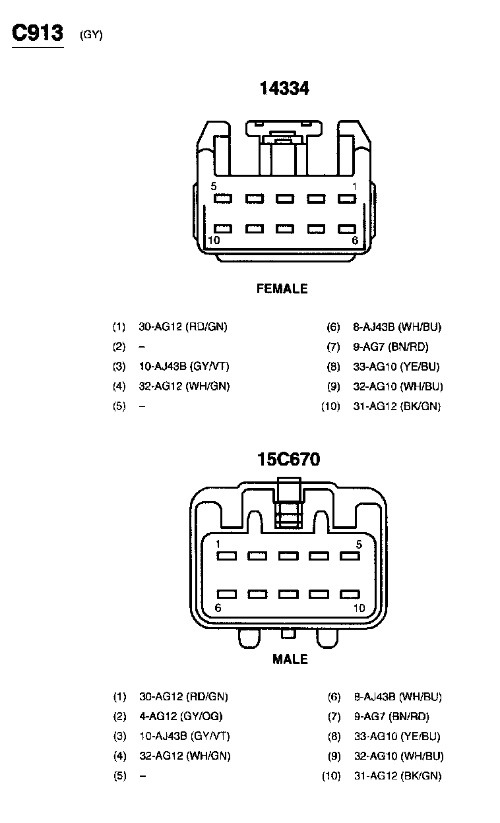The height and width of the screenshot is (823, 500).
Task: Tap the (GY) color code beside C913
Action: (91, 35)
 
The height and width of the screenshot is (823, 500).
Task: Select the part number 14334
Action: (284, 88)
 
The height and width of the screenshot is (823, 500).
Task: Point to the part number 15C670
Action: (289, 459)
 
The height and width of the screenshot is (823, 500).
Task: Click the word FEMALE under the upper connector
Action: (282, 288)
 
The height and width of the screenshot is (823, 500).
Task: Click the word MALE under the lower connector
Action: (290, 659)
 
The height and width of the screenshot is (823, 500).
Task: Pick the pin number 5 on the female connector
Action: (214, 186)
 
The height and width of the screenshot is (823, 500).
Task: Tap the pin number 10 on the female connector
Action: (214, 240)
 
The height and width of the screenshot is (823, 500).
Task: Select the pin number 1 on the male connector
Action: (218, 544)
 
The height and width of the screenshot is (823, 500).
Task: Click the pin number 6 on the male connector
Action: (218, 607)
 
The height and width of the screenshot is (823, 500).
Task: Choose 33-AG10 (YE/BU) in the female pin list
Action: (396, 367)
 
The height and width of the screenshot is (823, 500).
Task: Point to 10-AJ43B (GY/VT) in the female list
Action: (184, 367)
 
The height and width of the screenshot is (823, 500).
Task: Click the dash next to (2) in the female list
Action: (142, 347)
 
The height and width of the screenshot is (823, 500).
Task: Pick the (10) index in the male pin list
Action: (331, 776)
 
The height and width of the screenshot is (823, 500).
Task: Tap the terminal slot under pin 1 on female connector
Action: (347, 198)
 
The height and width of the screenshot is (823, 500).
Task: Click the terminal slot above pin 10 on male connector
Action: (349, 594)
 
